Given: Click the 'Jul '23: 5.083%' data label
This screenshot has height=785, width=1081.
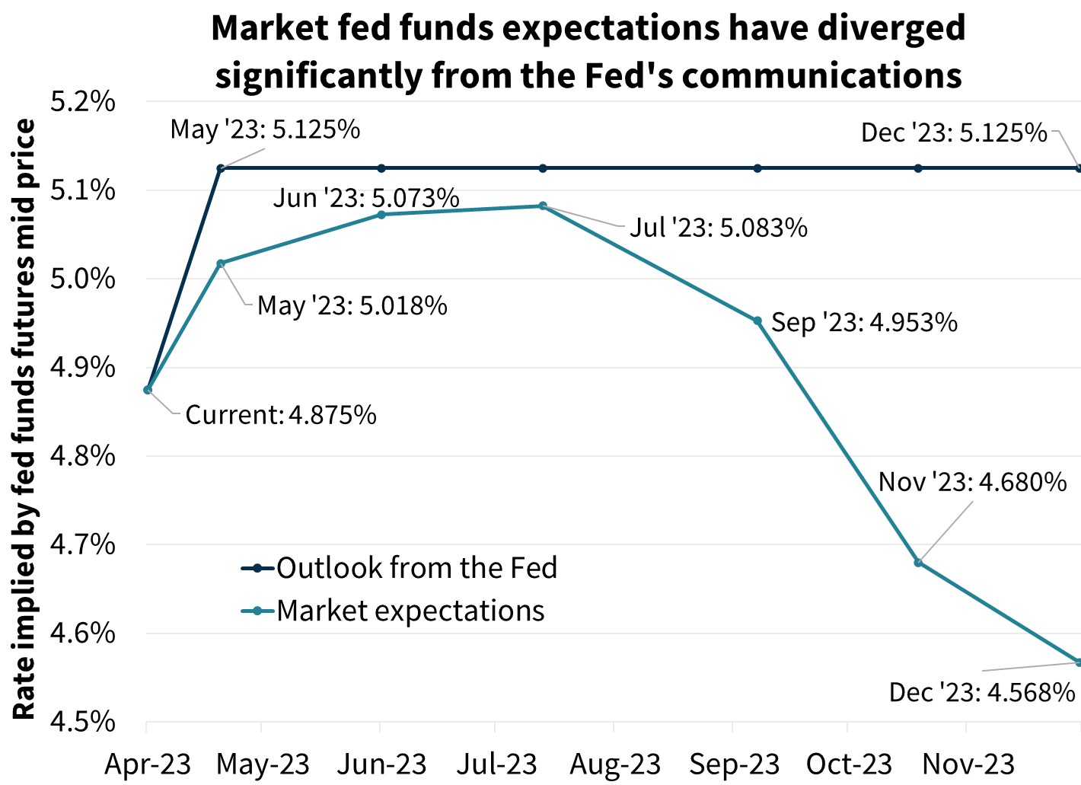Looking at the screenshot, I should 718,228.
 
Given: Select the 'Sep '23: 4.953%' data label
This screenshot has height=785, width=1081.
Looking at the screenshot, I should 864,323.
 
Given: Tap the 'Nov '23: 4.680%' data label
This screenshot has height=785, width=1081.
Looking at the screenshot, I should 972,482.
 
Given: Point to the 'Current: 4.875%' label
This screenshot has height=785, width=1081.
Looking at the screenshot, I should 281,415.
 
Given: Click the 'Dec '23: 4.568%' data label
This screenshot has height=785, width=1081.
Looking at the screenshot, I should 982,692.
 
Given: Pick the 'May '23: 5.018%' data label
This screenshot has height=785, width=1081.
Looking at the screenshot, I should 352,306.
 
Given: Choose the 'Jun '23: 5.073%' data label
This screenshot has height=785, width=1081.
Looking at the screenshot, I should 366,198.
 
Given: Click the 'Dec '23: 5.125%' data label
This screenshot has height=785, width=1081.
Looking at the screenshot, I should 954,133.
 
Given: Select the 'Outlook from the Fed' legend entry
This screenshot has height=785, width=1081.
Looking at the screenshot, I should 416,568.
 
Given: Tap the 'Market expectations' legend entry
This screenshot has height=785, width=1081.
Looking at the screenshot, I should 410,611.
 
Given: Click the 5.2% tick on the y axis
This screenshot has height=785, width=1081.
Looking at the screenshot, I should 82,101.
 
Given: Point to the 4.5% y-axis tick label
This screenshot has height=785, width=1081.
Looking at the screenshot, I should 82,721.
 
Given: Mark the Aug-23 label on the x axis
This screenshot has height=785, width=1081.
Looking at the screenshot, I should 615,764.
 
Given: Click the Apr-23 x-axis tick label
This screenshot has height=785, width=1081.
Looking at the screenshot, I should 147,764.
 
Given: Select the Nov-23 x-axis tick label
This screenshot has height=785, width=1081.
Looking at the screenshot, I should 968,764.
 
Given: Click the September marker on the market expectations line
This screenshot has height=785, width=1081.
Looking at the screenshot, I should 757,321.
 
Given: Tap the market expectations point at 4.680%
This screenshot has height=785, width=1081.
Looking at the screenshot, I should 918,563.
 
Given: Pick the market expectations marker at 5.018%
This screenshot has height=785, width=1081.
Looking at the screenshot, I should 221,263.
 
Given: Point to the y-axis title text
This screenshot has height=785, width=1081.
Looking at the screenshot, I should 25,419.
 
